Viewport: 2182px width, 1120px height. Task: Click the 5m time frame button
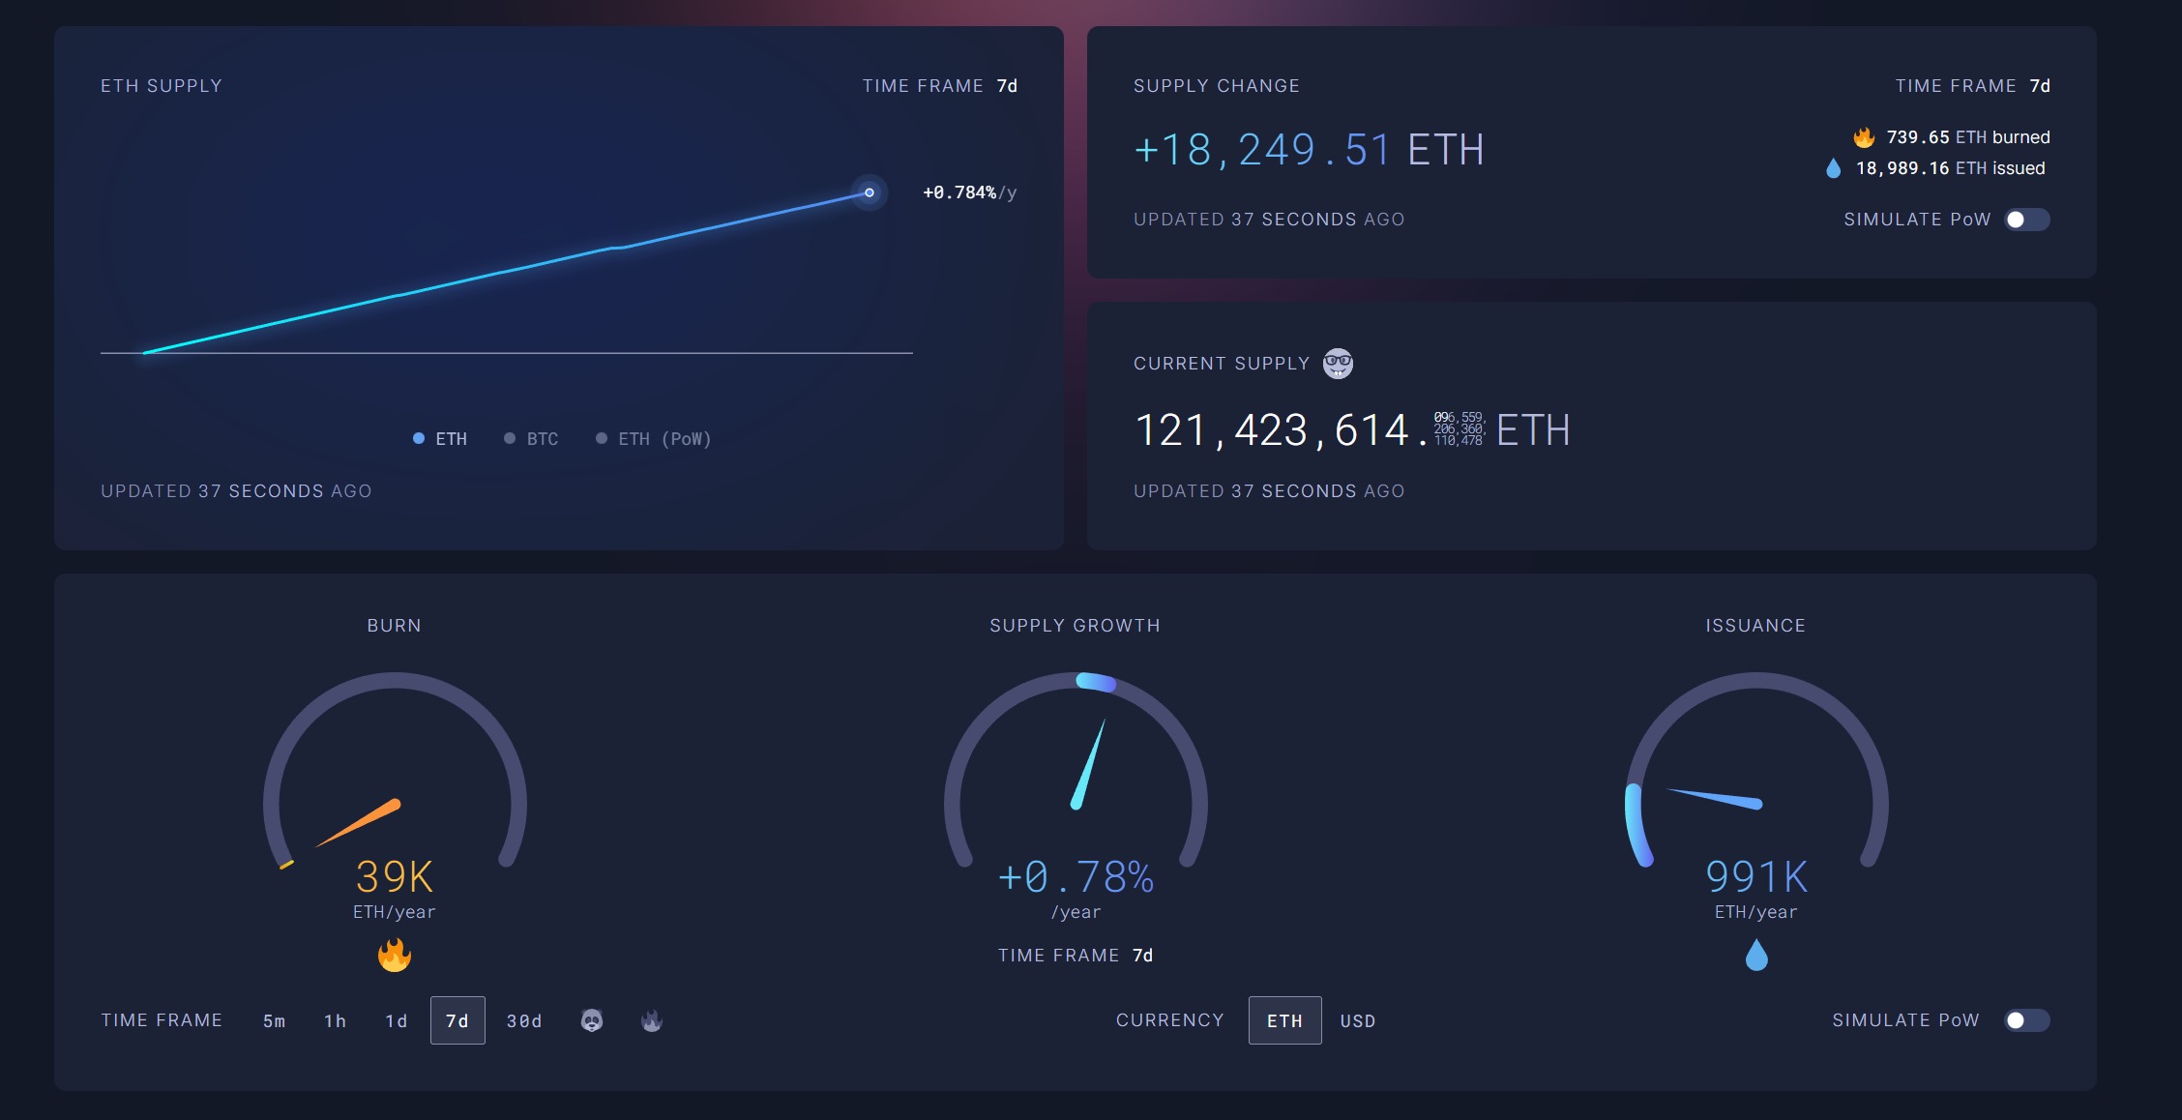click(274, 1021)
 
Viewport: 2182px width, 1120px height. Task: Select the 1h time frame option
click(335, 1021)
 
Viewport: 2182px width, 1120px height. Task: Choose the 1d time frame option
click(396, 1021)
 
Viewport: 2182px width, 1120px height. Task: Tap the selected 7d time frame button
click(457, 1021)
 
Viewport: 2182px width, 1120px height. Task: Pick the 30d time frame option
click(524, 1021)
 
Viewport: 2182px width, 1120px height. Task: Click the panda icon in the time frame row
click(592, 1020)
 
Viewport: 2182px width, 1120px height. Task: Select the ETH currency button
click(1284, 1021)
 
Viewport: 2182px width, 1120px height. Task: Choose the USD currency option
click(1358, 1021)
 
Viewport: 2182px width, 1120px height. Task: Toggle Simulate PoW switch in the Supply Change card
click(2026, 220)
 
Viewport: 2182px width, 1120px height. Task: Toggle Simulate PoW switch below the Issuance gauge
click(2026, 1020)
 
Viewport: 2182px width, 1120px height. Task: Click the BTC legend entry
click(532, 439)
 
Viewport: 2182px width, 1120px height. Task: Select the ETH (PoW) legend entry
click(654, 439)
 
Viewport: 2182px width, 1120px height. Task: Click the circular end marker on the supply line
click(870, 192)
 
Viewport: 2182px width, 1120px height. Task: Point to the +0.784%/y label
click(969, 192)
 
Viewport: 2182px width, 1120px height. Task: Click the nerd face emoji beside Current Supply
click(1338, 364)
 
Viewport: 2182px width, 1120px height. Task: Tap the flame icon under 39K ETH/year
click(395, 956)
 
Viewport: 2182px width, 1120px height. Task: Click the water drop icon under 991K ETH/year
click(1756, 956)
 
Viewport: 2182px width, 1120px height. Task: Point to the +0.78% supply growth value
click(1076, 877)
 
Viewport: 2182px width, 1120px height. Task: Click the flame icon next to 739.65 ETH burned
click(1864, 137)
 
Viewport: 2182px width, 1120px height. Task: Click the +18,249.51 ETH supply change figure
click(1309, 150)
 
